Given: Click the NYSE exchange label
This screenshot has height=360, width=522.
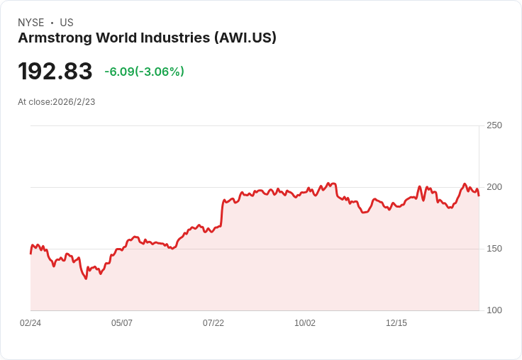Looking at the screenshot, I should click(30, 23).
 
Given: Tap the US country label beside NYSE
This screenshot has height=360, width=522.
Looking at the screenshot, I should click(67, 23).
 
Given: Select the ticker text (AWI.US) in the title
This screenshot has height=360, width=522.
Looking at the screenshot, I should click(245, 38).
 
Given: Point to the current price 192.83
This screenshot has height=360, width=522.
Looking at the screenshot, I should click(55, 72).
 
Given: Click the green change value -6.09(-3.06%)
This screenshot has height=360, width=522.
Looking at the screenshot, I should click(144, 72).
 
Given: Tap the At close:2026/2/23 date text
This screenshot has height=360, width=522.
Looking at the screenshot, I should click(57, 102).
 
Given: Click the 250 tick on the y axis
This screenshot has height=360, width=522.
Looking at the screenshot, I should click(494, 125).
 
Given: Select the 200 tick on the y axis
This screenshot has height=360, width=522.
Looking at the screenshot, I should click(494, 187).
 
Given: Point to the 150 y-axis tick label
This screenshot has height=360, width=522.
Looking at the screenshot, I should click(494, 249).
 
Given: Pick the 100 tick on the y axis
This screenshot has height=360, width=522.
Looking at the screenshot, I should click(494, 310).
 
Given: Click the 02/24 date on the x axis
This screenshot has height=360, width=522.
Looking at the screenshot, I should click(30, 323).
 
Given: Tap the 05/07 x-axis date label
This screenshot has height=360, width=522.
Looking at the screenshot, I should click(122, 323).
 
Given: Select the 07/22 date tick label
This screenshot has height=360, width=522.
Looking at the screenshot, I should click(213, 323).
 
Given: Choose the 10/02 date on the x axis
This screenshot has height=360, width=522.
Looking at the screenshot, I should click(305, 323).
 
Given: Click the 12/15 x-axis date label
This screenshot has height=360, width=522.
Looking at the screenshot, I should click(396, 323).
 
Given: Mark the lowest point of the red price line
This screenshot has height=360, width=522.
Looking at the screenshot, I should click(87, 279).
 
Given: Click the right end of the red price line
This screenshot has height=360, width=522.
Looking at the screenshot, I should click(479, 196).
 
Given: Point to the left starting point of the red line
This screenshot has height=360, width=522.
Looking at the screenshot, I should click(30, 253).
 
